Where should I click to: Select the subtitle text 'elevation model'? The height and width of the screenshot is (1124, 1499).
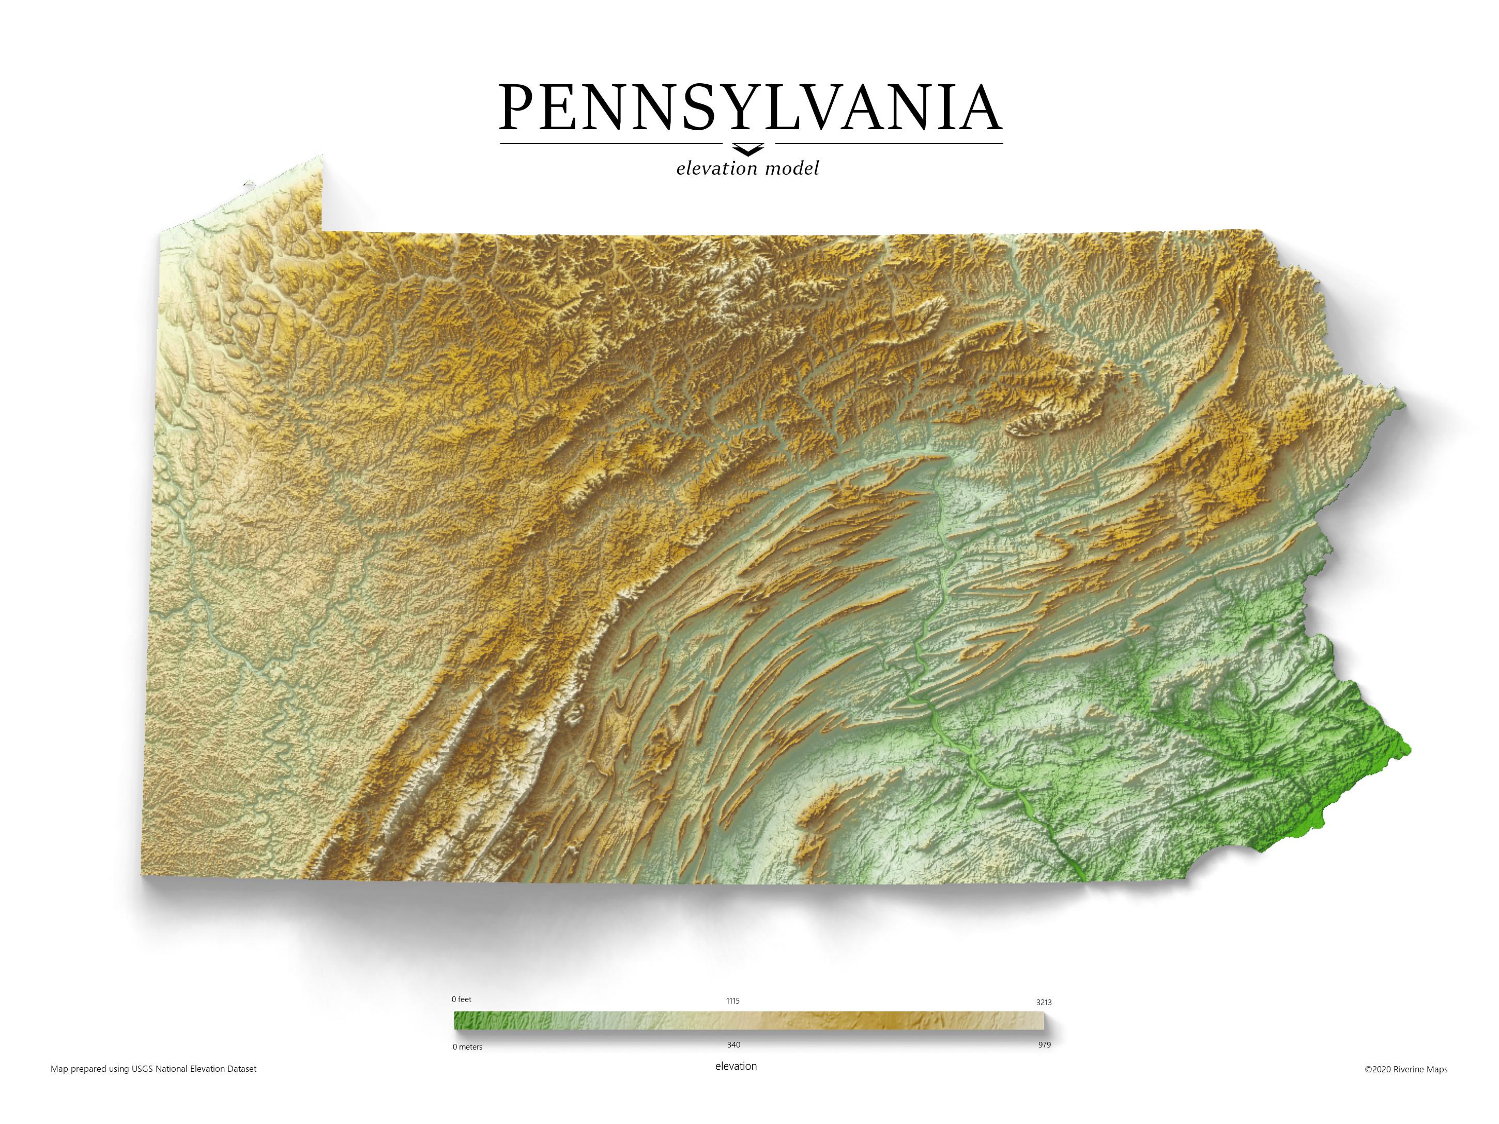747,168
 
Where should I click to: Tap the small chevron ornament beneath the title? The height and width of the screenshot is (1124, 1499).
748,148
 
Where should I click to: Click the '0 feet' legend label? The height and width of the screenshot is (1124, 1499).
462,999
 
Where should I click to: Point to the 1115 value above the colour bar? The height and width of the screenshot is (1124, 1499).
732,1000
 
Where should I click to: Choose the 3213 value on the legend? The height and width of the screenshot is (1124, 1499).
1044,1002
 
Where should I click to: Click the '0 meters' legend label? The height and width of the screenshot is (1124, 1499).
468,1047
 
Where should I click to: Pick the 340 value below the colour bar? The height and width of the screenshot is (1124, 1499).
733,1045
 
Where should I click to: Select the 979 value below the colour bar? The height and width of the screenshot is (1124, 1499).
1044,1045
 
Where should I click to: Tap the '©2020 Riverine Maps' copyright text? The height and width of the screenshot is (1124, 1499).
1405,1070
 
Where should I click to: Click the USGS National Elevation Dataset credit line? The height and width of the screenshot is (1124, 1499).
154,1069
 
